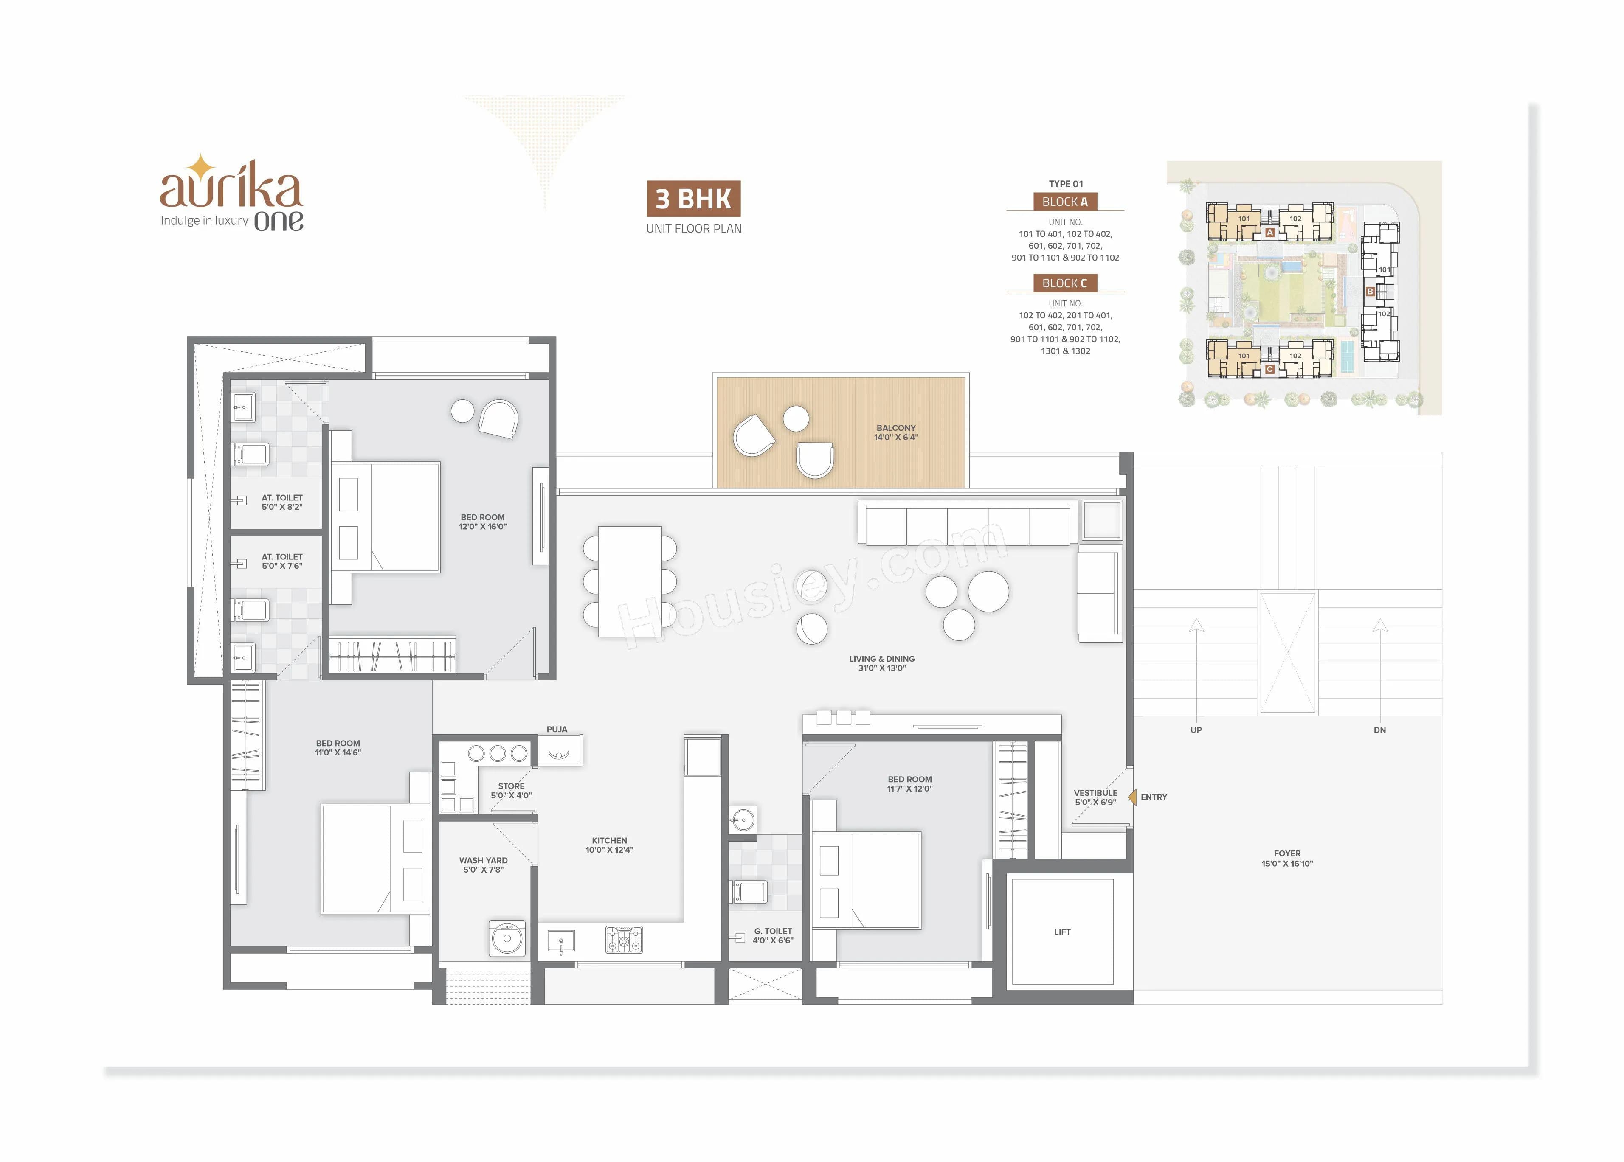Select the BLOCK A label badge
tap(1064, 202)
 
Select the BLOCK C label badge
tap(1064, 283)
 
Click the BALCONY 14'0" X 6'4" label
tap(895, 432)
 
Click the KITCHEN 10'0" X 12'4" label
tap(609, 845)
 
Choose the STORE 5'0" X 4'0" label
tap(511, 791)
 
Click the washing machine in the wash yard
tap(507, 938)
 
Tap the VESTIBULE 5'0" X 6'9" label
tap(1095, 797)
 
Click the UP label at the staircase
tap(1195, 730)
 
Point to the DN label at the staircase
tap(1379, 730)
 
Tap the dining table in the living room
tap(629, 581)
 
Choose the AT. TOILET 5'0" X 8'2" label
tap(281, 502)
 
